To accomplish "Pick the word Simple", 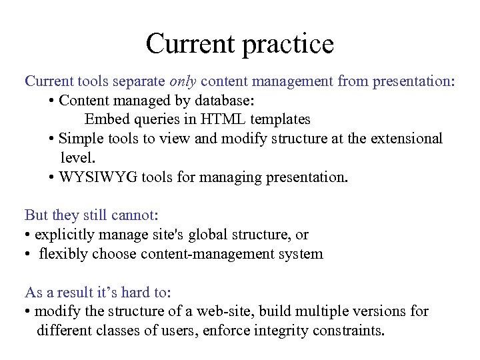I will (x=81, y=139).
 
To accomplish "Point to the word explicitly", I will (x=63, y=235).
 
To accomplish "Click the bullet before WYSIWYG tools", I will (x=52, y=178).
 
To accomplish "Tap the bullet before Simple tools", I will (x=52, y=139).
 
